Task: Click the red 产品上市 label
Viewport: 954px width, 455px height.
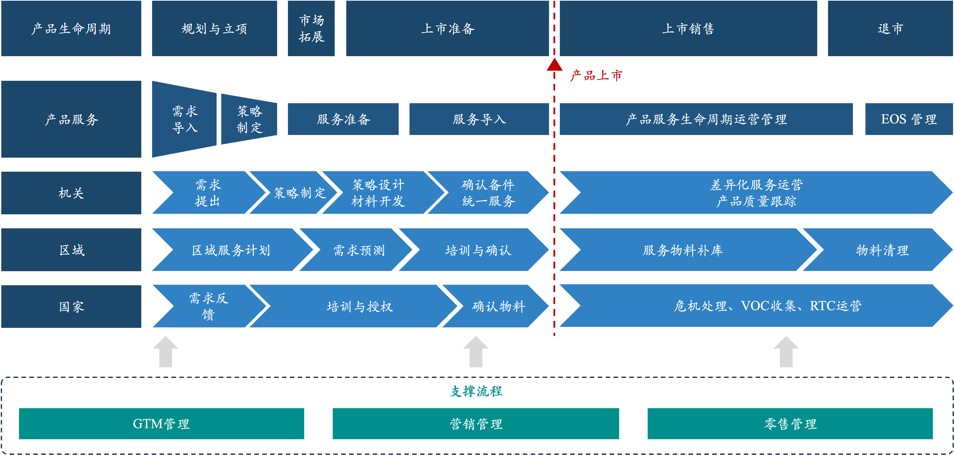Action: [x=596, y=76]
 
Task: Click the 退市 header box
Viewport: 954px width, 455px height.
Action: [x=890, y=29]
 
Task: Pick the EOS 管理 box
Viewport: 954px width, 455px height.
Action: [x=908, y=119]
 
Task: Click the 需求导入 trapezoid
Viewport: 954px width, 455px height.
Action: [x=185, y=119]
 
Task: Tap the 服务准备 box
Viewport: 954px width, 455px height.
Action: [x=343, y=119]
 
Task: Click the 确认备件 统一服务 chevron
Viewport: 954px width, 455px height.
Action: [x=488, y=193]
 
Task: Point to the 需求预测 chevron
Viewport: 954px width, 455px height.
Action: [x=359, y=250]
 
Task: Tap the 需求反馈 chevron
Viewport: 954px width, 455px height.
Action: [x=208, y=306]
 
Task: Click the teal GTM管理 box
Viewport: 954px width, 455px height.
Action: [x=161, y=423]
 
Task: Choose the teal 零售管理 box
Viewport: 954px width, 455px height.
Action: [x=790, y=423]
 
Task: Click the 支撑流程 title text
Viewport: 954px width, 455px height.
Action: [x=476, y=391]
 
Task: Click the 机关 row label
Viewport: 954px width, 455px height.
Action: [x=71, y=193]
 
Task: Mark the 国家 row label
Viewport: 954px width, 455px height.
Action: [x=71, y=306]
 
